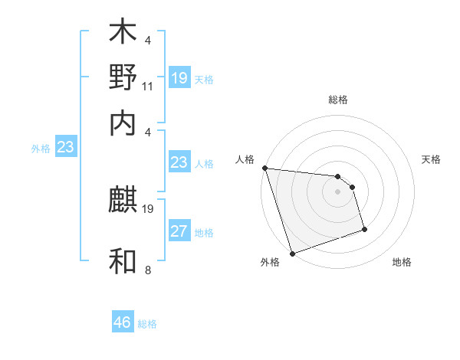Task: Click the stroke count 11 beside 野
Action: point(148,87)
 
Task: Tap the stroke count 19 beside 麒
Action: point(148,208)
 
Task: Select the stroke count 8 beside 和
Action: point(148,269)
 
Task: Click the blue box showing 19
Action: point(179,78)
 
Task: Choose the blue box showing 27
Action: point(179,231)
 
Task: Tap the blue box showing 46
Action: point(123,322)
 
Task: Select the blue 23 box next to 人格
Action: point(179,162)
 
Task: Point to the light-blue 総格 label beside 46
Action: point(147,324)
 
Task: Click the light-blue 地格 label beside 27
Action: point(204,233)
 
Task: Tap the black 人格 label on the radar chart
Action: point(245,159)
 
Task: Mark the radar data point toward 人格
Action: point(264,168)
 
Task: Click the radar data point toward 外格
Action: point(292,254)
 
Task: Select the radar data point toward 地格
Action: point(364,228)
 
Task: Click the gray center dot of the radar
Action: point(337,191)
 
